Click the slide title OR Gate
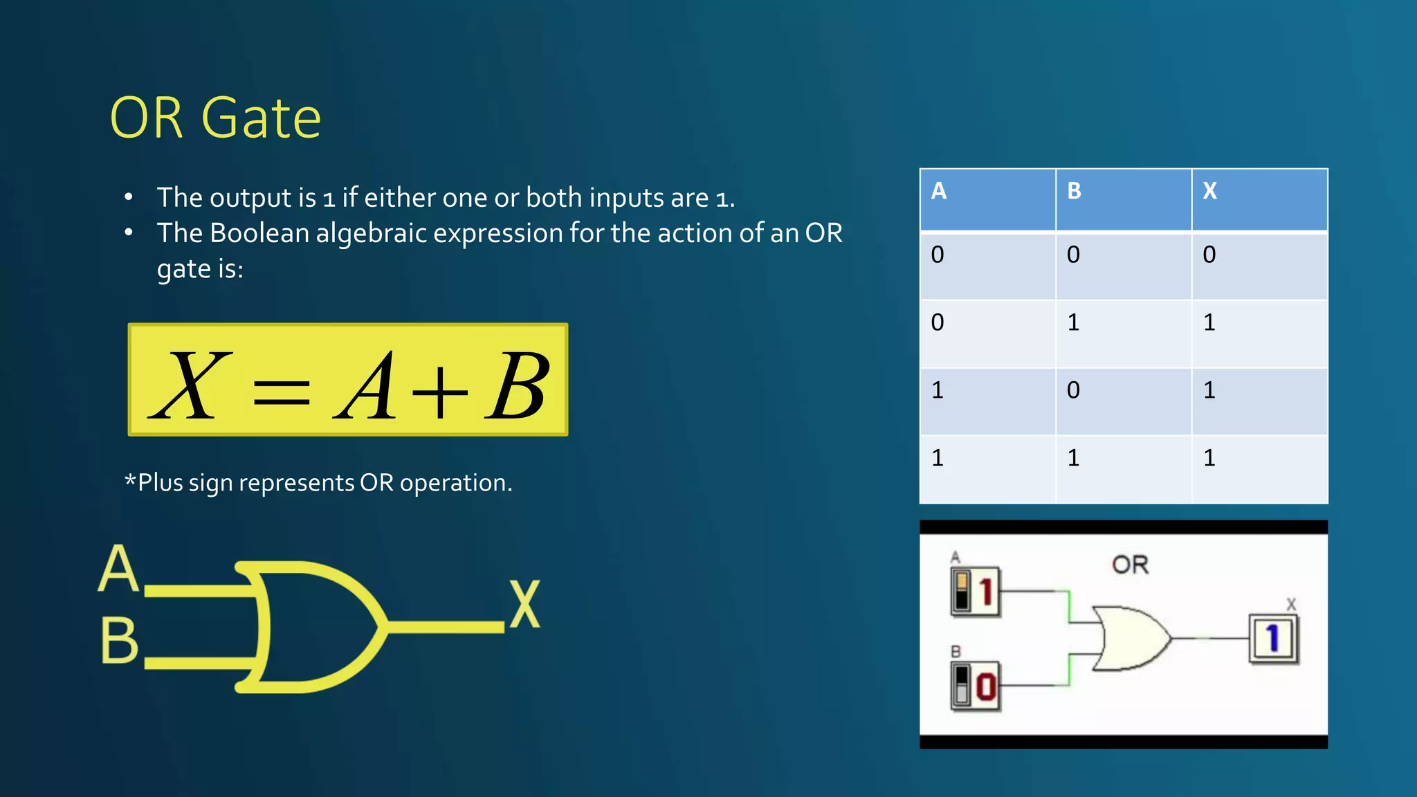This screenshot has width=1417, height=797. [215, 118]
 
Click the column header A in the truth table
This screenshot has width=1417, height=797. [938, 191]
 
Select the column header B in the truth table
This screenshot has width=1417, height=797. [1074, 191]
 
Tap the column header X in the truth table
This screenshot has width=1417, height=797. [1209, 191]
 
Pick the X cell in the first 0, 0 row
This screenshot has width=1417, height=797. [1209, 255]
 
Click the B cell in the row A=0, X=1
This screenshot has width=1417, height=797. [1073, 322]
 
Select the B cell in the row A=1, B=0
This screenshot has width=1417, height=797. [1073, 390]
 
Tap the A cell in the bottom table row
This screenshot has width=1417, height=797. [938, 458]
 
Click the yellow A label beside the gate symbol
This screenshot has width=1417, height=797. [118, 568]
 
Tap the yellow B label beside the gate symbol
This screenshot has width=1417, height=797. [119, 641]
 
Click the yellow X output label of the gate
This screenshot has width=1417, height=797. [524, 604]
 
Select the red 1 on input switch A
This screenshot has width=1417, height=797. [986, 592]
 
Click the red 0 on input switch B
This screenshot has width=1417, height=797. [986, 687]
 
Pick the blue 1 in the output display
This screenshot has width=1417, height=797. [1272, 638]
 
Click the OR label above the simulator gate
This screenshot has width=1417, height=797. [1130, 565]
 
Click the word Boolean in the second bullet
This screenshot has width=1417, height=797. [259, 233]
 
